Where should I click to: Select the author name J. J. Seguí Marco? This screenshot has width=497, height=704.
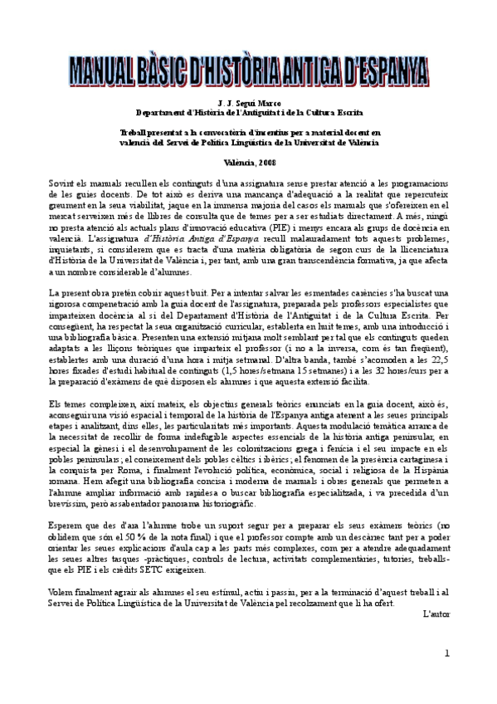click(249, 103)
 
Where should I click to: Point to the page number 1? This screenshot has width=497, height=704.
click(446, 654)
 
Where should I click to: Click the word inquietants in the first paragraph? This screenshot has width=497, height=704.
click(72, 248)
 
